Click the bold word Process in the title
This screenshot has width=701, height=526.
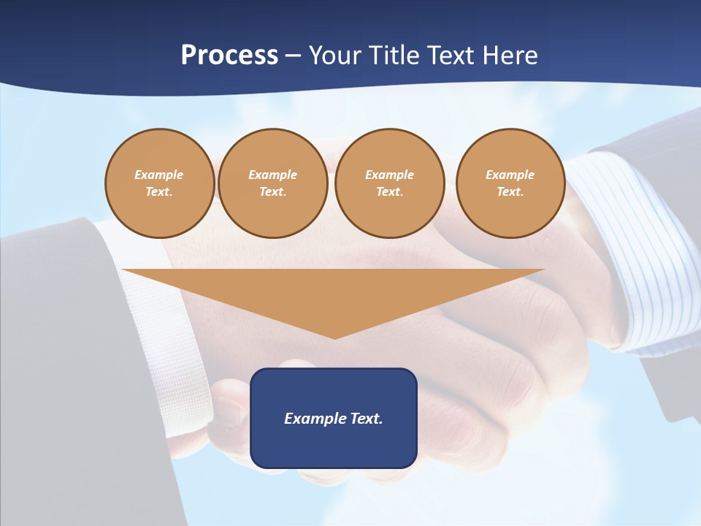pos(229,56)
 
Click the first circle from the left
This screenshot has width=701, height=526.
pos(160,183)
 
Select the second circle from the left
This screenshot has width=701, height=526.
pos(273,183)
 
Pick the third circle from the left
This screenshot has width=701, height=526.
pos(389,183)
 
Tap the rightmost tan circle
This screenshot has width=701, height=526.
pos(510,183)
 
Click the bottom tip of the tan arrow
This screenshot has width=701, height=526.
pos(334,337)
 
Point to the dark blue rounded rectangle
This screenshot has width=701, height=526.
pos(334,446)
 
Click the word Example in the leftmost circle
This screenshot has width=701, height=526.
pos(159,175)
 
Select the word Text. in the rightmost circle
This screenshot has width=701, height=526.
pos(510,191)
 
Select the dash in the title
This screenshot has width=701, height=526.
pos(294,56)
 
